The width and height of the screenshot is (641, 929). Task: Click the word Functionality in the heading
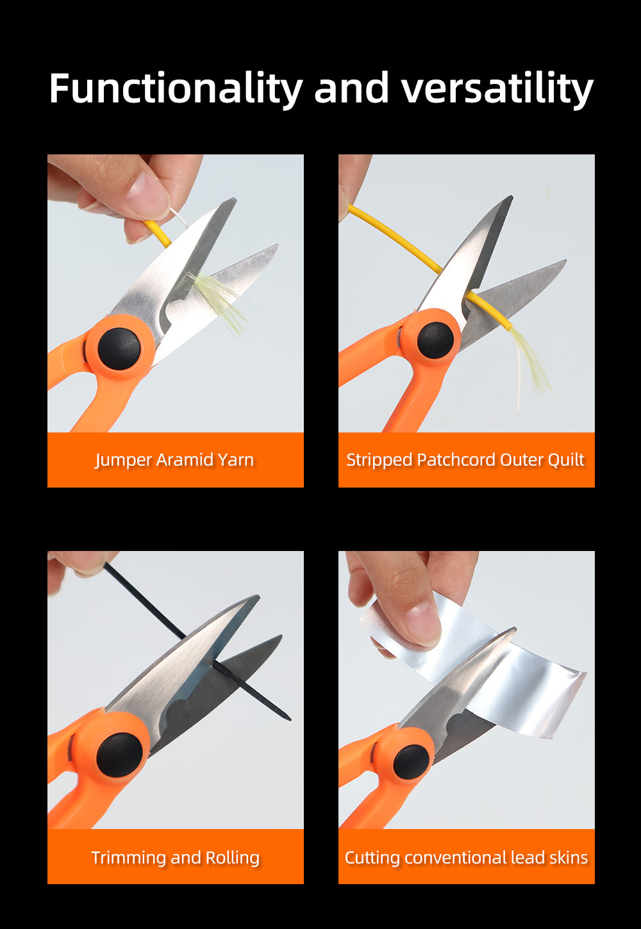click(176, 88)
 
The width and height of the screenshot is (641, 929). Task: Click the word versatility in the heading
click(497, 88)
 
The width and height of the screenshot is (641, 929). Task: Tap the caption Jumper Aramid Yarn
click(174, 460)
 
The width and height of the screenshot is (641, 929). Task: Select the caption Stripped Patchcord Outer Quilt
click(465, 460)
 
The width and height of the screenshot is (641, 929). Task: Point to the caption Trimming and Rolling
click(176, 857)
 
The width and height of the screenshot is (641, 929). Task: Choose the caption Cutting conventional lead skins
click(467, 857)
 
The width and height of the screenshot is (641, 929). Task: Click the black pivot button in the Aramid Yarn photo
click(119, 349)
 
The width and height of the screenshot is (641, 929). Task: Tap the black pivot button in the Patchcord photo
click(436, 340)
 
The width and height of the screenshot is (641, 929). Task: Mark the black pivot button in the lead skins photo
click(411, 762)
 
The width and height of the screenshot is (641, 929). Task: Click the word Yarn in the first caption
click(236, 460)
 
